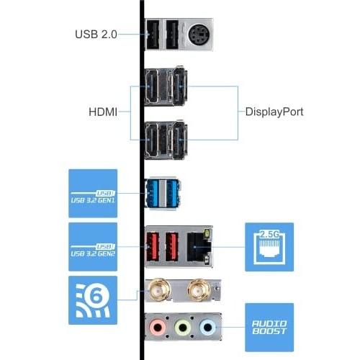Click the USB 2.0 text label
click(x=96, y=35)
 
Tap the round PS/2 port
click(x=199, y=35)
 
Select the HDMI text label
click(x=103, y=112)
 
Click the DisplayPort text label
click(x=274, y=112)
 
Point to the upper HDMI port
click(x=152, y=86)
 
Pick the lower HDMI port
click(x=152, y=140)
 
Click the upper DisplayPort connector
click(x=179, y=86)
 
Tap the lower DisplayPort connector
click(x=179, y=140)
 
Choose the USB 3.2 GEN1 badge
click(x=93, y=194)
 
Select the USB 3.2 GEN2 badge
click(x=93, y=247)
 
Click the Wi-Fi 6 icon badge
click(x=93, y=300)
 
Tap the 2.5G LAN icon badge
click(x=269, y=247)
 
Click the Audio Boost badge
click(x=269, y=328)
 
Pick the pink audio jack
click(x=158, y=327)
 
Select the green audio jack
click(x=183, y=327)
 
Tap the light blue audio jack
click(x=207, y=327)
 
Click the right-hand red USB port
click(x=172, y=246)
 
